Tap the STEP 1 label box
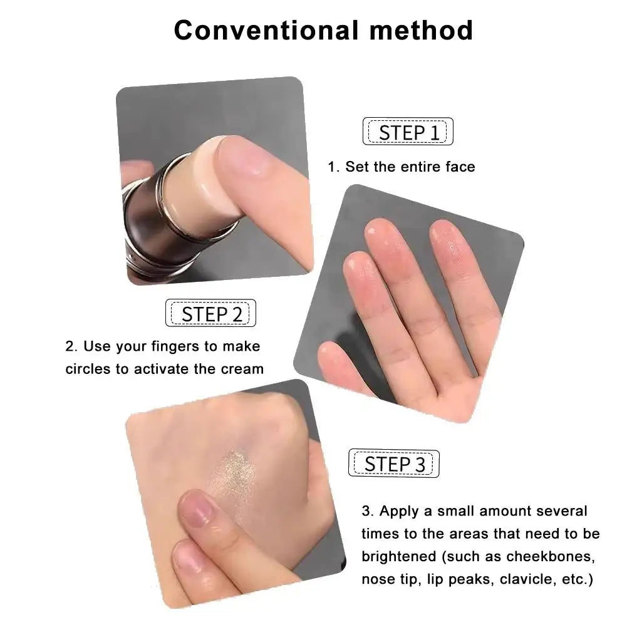408,132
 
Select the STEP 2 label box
210,313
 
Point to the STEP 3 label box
394,464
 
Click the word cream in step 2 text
242,368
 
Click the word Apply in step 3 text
398,511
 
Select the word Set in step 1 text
356,167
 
